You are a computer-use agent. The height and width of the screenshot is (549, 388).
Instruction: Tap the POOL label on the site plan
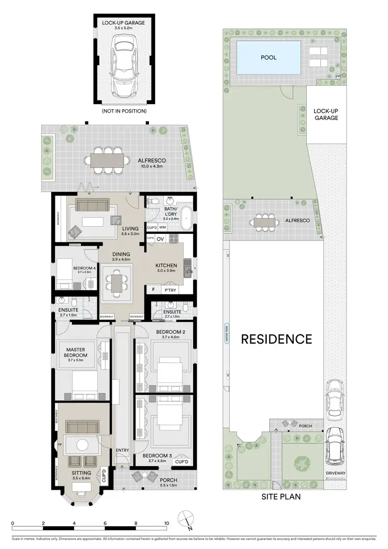pos(268,57)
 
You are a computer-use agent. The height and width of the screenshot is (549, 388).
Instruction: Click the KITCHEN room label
pos(166,266)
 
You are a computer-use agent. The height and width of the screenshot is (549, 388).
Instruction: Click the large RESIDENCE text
pos(276,339)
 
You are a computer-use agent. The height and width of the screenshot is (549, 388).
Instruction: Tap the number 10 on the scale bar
pos(167,524)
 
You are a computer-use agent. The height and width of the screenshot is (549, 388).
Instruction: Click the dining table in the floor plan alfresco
pos(108,160)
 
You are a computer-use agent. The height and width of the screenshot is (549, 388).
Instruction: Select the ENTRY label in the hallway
pos(123,450)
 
